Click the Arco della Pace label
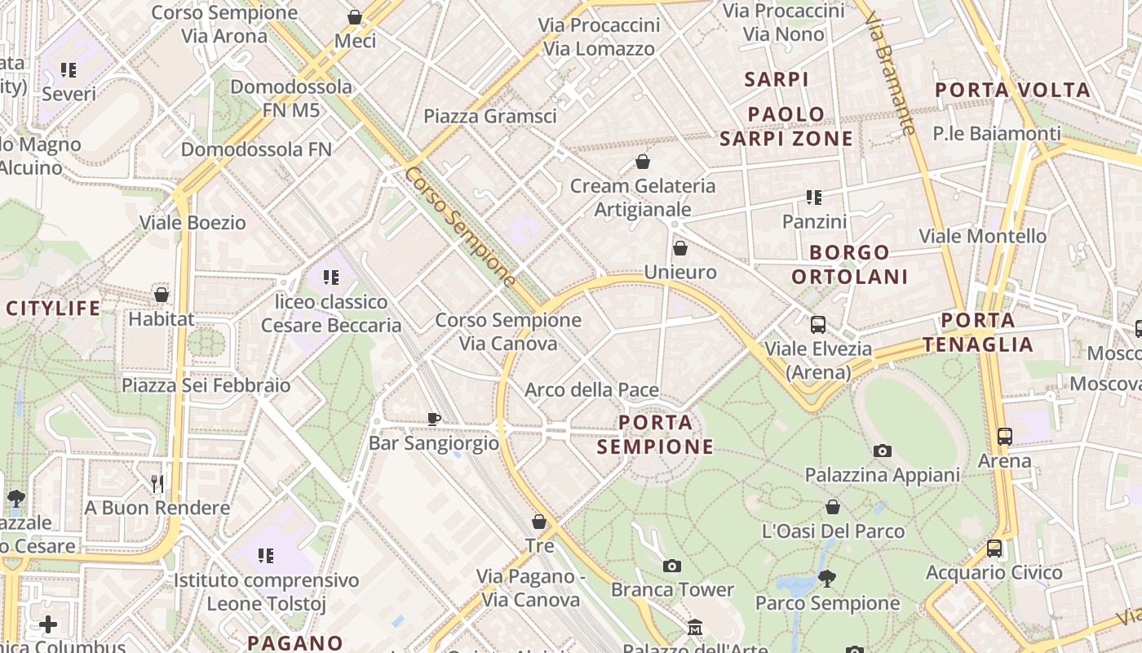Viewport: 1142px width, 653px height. (591, 390)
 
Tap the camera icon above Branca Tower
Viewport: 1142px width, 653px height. (672, 566)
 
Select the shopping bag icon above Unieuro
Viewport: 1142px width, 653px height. (680, 248)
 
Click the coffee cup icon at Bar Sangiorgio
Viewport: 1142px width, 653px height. (434, 419)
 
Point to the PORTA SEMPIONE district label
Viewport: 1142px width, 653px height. (656, 434)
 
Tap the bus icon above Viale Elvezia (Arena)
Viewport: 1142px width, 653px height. (818, 325)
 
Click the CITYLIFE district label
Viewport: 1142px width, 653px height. (54, 309)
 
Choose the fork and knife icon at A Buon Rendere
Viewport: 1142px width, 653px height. (157, 484)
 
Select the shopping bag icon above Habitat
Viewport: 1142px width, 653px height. (162, 295)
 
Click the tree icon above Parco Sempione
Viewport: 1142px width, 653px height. (827, 579)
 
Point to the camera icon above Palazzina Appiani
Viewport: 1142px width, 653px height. (882, 451)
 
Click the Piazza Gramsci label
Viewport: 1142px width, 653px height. (489, 116)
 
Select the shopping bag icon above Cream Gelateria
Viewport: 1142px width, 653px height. (643, 162)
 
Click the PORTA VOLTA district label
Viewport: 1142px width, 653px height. (1012, 90)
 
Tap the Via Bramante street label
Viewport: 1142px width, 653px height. (890, 73)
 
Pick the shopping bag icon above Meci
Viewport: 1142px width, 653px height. (355, 17)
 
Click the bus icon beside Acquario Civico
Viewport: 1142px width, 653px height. (994, 549)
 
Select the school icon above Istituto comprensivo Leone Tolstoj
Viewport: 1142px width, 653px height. (266, 556)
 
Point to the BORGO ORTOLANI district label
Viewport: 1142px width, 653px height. (849, 264)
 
